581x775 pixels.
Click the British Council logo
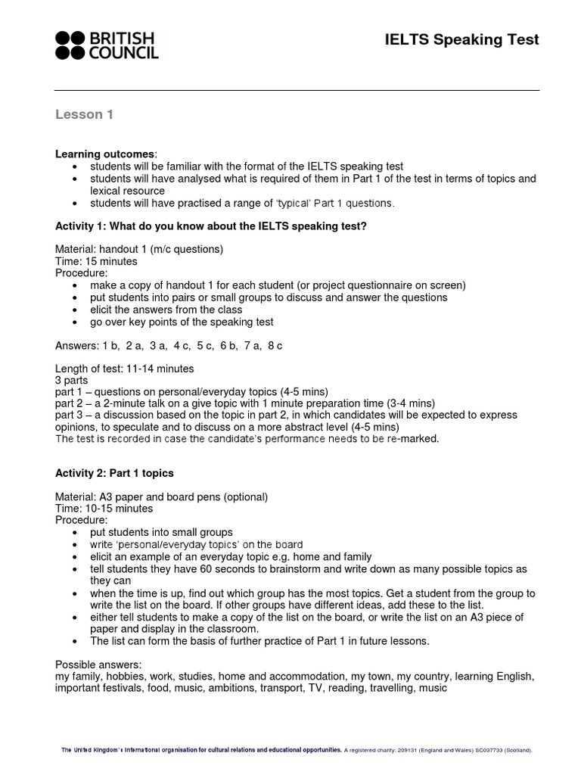pos(107,45)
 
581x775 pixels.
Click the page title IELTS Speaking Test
pos(462,40)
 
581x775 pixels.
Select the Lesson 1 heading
pos(84,114)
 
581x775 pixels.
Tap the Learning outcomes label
pos(105,154)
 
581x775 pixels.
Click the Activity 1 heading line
pos(211,226)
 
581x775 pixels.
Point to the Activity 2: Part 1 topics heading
pos(114,473)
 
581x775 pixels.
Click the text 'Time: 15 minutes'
pos(96,261)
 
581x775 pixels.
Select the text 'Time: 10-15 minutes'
pos(104,509)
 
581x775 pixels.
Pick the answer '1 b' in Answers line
pos(109,346)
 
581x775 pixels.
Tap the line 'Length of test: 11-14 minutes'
pos(125,369)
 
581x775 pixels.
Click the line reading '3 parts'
pos(72,380)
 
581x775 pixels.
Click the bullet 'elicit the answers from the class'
pos(166,310)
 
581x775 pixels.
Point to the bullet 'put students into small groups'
pos(161,532)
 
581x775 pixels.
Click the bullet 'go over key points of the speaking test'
pos(182,322)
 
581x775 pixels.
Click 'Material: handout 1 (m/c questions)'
pos(139,249)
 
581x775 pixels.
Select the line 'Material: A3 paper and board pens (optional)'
pos(161,496)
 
